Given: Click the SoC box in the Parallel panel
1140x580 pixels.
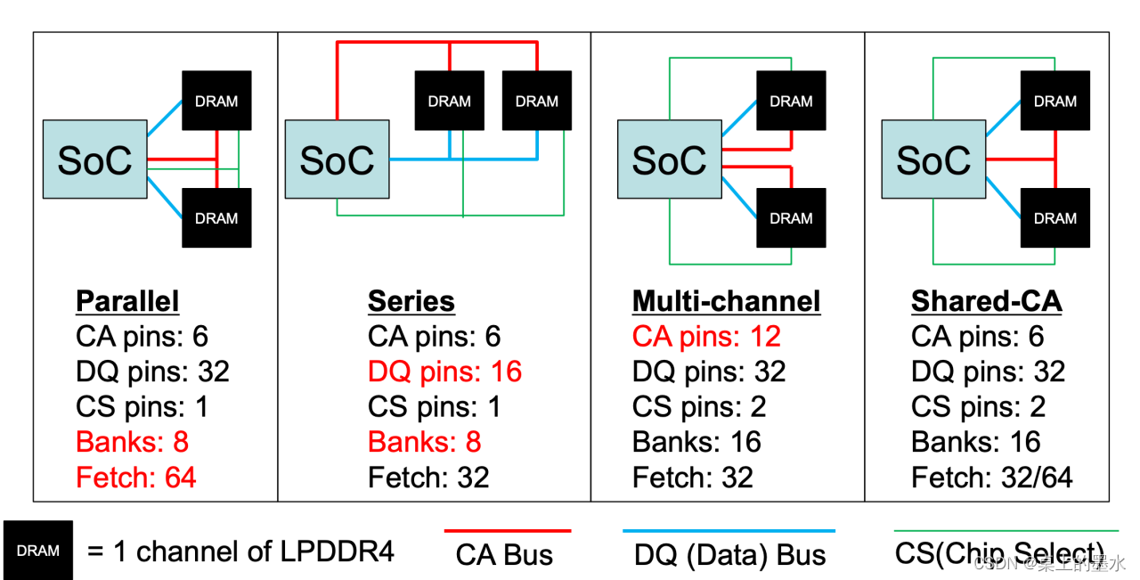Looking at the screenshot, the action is (95, 159).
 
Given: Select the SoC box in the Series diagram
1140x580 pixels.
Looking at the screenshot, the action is (337, 159).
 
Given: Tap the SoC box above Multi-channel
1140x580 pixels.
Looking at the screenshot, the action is (669, 159).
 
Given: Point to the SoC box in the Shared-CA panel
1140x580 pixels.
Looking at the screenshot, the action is (933, 159).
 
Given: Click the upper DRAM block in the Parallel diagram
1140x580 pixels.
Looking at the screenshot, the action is (216, 101).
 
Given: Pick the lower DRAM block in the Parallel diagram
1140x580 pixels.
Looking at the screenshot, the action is (216, 218).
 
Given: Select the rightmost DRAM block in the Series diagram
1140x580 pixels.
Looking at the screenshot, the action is (537, 101).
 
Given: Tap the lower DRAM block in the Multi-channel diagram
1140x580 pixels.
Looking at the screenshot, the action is (791, 218).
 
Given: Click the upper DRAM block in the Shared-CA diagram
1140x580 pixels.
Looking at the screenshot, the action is (1055, 101).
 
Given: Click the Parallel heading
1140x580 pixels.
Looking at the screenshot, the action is (127, 301).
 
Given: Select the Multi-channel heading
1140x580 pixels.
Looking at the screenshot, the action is (726, 301).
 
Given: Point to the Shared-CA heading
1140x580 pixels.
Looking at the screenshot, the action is (986, 301).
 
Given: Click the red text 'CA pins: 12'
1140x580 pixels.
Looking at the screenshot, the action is (706, 337).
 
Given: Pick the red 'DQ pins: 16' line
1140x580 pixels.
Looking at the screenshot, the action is (444, 372).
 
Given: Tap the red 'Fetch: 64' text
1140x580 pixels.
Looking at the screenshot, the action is (136, 478).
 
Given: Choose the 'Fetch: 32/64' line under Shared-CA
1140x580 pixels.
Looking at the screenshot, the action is (991, 478).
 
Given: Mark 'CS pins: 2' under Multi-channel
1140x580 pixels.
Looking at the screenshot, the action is (699, 407).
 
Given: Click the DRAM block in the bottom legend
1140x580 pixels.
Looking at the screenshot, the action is (38, 551).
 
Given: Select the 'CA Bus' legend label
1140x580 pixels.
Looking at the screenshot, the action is (504, 554).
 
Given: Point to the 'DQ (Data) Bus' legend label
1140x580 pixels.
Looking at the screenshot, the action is (729, 554).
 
